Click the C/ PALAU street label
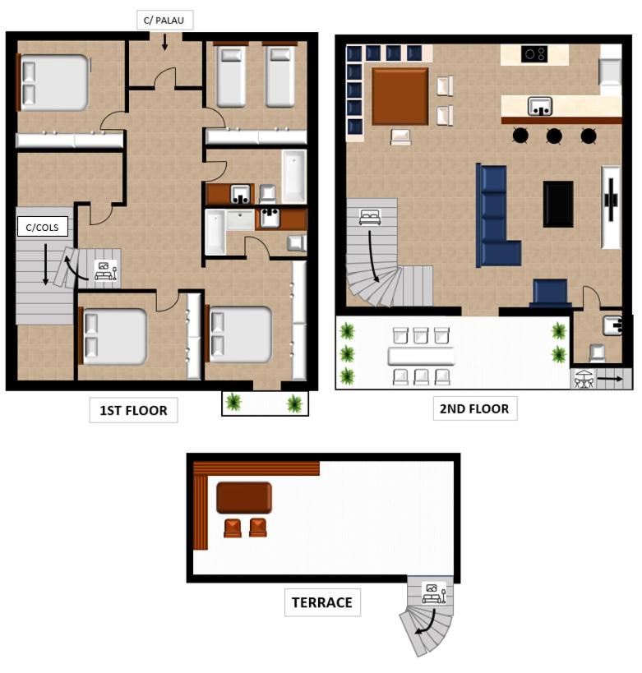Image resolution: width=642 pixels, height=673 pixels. [x=165, y=21]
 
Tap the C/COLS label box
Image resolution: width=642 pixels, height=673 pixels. [x=43, y=227]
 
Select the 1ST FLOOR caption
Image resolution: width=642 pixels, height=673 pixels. [x=133, y=410]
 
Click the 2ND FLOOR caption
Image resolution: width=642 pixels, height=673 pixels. [x=475, y=408]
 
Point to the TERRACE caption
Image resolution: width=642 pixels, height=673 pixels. [x=322, y=602]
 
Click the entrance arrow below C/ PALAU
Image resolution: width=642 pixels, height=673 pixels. [x=164, y=42]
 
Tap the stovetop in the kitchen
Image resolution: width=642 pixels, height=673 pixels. [x=534, y=54]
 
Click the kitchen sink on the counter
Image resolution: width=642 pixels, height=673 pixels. [x=540, y=107]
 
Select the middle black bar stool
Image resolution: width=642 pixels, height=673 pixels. [x=554, y=136]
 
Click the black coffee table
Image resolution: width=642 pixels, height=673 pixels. [x=558, y=204]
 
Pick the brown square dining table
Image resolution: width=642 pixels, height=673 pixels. [x=400, y=96]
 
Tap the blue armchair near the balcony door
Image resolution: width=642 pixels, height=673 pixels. [x=550, y=293]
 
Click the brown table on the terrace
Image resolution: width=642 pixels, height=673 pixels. [x=244, y=497]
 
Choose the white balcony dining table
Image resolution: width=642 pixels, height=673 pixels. [x=421, y=356]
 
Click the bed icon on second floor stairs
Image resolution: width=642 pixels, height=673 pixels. [x=370, y=217]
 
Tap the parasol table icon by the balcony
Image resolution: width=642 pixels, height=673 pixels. [x=584, y=378]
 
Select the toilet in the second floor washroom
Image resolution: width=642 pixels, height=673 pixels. [x=597, y=353]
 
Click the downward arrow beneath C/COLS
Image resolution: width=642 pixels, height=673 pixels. [x=45, y=265]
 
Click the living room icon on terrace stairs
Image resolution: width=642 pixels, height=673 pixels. [x=434, y=592]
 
